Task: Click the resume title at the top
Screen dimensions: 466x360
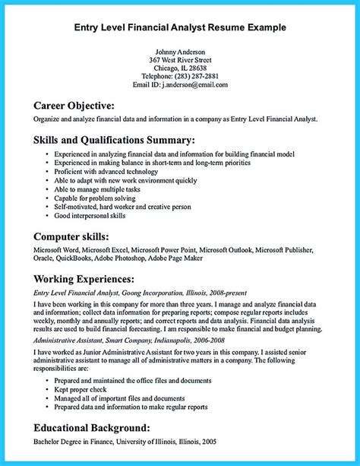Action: (x=179, y=28)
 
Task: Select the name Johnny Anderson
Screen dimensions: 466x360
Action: (x=179, y=52)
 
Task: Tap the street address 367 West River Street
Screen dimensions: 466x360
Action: (x=179, y=61)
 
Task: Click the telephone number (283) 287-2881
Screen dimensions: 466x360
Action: (x=194, y=77)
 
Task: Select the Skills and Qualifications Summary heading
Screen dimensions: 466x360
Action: (x=114, y=140)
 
